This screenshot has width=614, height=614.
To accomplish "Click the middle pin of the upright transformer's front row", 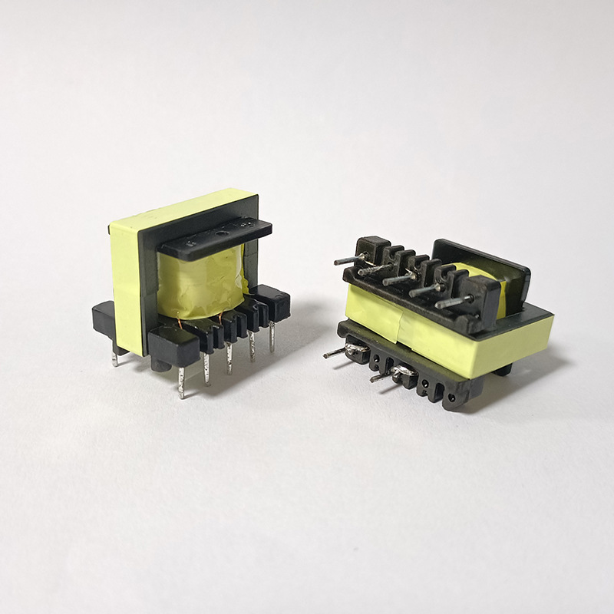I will click(x=229, y=357).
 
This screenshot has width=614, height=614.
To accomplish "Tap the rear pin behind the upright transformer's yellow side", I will click(x=115, y=355).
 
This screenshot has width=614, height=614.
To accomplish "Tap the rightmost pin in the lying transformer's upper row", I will click(x=453, y=302).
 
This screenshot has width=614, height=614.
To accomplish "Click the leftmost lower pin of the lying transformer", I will click(x=336, y=353).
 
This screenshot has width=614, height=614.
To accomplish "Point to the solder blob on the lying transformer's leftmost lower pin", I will click(x=355, y=350).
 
